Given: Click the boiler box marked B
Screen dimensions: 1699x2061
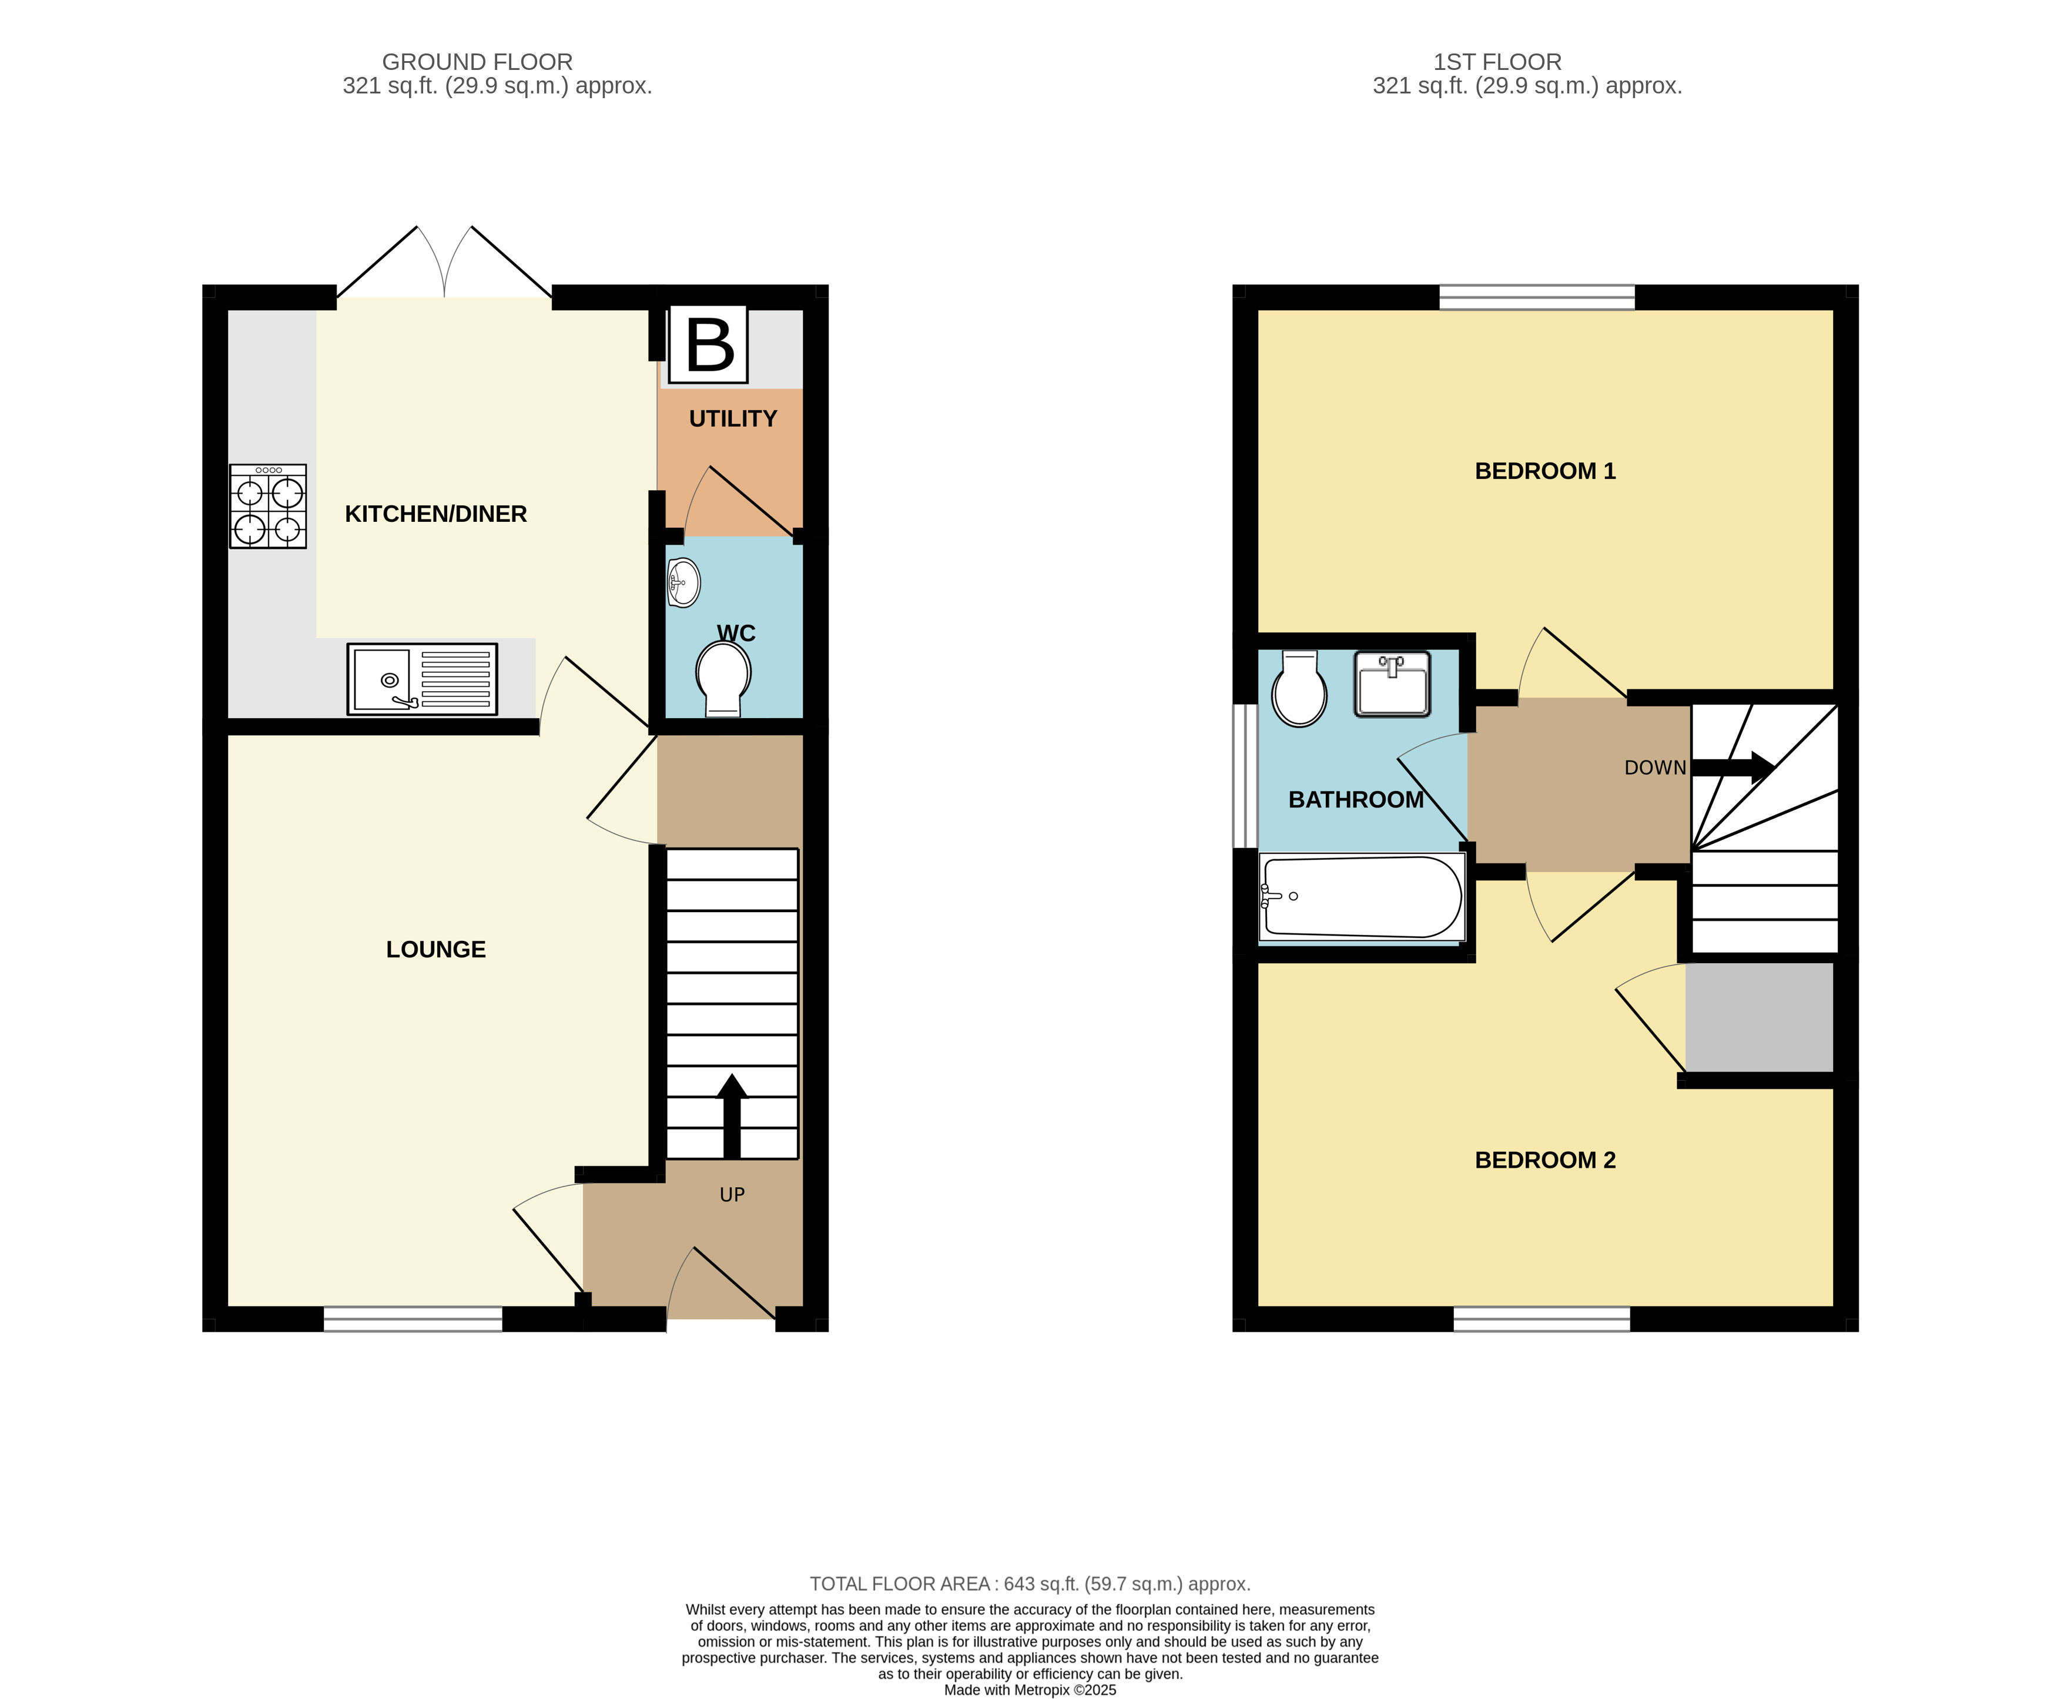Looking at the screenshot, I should click(709, 344).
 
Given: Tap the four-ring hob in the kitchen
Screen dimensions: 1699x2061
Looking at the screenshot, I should click(268, 506).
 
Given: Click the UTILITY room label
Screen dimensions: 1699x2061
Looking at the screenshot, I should click(732, 419).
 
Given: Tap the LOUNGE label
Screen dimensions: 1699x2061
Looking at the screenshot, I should click(435, 949).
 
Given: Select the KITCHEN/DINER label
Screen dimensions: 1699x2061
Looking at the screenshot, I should click(435, 514).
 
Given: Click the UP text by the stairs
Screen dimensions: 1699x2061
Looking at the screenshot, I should click(732, 1195).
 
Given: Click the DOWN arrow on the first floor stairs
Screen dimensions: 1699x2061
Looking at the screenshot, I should click(1732, 768).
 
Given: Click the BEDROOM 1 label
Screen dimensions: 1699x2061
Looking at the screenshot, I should click(1544, 471).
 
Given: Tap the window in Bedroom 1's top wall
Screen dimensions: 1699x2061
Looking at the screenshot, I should click(1536, 297).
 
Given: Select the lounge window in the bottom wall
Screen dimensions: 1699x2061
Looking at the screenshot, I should click(413, 1319).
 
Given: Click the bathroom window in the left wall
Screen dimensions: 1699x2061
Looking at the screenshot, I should click(1245, 775).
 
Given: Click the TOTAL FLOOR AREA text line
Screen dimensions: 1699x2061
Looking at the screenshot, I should click(1030, 1583).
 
